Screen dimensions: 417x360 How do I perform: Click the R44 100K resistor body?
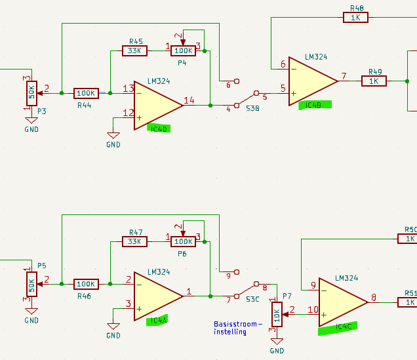pos(86,93)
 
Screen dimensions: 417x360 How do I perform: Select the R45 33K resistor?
pos(134,50)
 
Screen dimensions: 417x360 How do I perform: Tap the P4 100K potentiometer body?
pos(183,50)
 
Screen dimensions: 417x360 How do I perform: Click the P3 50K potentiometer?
pos(31,93)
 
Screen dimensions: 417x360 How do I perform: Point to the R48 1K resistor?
pos(355,18)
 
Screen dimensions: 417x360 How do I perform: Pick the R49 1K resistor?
pos(374,81)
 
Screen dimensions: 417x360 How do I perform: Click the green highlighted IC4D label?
pos(159,129)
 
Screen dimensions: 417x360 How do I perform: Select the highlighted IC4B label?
pos(315,105)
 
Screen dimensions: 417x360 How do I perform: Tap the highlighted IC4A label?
pos(157,320)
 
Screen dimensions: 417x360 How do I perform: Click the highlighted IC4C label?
pos(338,328)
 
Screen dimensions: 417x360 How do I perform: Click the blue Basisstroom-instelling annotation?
pos(238,328)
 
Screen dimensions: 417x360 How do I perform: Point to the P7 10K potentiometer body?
pos(277,315)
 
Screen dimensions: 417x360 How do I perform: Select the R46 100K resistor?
pos(86,284)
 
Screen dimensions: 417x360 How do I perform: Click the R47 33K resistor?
pos(134,241)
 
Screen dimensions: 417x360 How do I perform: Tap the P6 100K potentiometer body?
pos(183,241)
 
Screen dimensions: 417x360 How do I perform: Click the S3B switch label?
pos(252,108)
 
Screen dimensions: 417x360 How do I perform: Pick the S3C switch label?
pos(252,300)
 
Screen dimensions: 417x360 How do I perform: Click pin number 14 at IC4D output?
pos(189,100)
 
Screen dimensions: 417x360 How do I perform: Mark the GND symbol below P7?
pos(277,342)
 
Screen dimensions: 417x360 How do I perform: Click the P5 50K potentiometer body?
pos(31,284)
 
